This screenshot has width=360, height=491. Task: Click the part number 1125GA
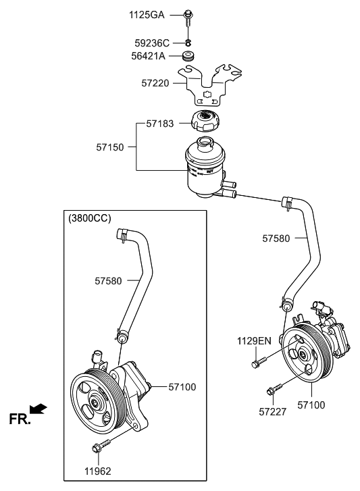(146, 14)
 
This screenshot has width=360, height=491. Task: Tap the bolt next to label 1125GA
(188, 15)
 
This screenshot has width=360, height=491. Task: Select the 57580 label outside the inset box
(277, 238)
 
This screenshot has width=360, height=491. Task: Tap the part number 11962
(97, 471)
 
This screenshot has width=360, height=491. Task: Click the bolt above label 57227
(274, 390)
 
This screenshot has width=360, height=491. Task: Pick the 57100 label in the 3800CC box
(182, 387)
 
